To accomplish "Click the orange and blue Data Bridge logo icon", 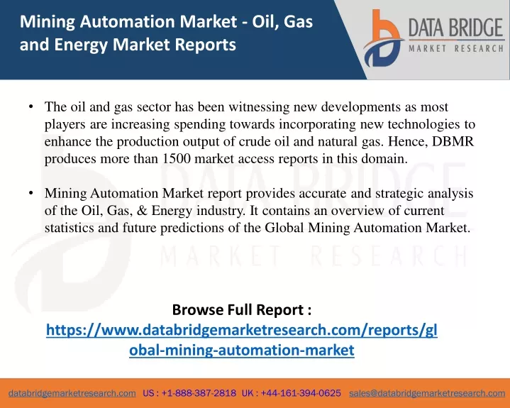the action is [x=383, y=38].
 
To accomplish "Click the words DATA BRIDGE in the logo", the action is [x=456, y=28].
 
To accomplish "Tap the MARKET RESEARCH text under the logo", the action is [x=456, y=49].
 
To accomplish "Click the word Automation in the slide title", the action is [x=127, y=21].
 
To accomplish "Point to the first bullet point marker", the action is [x=31, y=106].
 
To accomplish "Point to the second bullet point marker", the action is [x=31, y=193].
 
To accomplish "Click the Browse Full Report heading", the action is [x=242, y=310].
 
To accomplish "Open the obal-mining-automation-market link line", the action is [x=242, y=350].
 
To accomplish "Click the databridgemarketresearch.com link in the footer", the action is [x=72, y=393].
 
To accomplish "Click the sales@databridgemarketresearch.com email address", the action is [x=427, y=393].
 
